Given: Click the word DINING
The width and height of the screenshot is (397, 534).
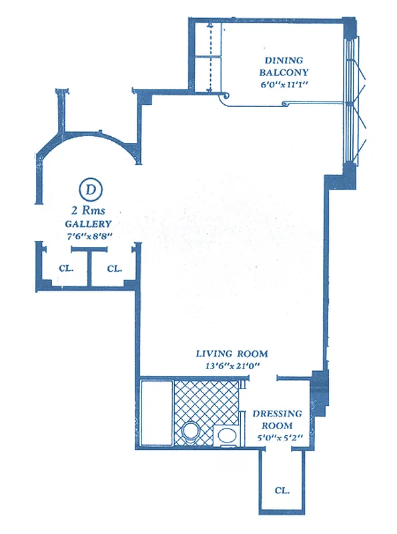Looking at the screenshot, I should [x=280, y=58].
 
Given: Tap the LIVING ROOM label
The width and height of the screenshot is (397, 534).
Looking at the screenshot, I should [x=232, y=354].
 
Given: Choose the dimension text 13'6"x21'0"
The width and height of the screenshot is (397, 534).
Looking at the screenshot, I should [x=232, y=366].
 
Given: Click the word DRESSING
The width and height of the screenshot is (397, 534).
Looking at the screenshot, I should [x=277, y=414].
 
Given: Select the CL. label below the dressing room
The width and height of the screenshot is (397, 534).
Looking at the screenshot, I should [x=282, y=490].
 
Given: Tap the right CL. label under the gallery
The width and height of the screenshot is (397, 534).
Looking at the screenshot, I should [x=114, y=269].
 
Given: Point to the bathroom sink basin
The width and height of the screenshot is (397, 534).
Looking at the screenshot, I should [x=227, y=437].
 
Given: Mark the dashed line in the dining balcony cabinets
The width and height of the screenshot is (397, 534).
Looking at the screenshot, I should [x=211, y=57].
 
